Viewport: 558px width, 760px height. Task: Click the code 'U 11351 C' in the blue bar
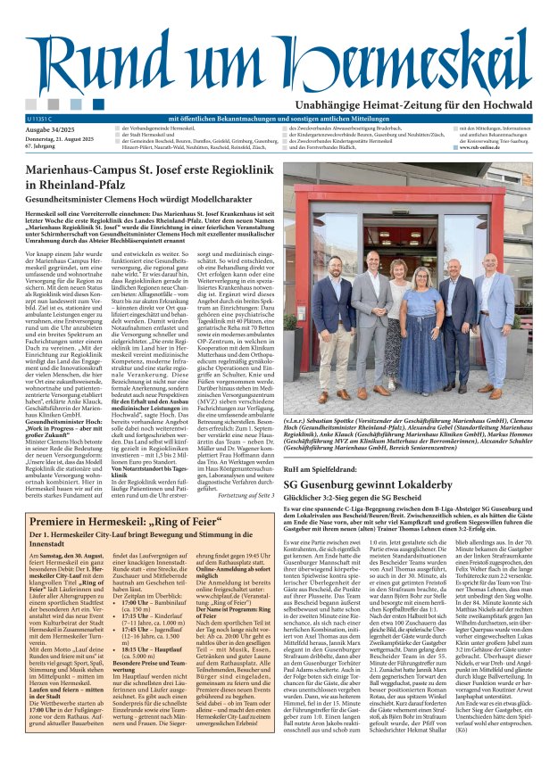(41, 118)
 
